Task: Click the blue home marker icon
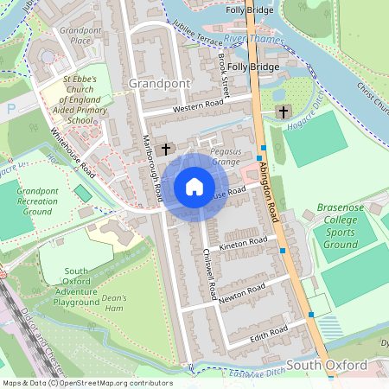(194, 187)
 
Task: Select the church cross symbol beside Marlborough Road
(166, 149)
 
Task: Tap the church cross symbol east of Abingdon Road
(283, 112)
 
